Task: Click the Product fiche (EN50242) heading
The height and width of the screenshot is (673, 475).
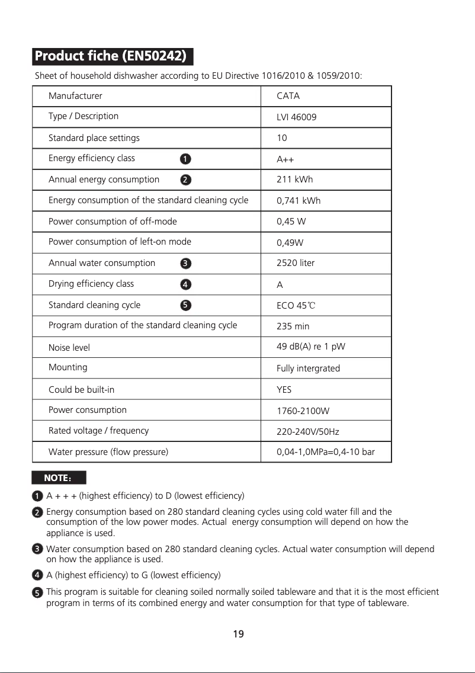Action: pos(111,57)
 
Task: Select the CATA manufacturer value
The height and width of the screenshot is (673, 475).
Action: pos(288,96)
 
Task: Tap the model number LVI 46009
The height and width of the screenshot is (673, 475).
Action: pos(296,117)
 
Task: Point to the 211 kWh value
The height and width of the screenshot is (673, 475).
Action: pos(294,180)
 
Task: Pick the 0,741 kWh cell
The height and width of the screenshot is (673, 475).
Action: pos(299,201)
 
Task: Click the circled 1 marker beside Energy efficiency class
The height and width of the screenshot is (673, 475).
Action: pos(185,159)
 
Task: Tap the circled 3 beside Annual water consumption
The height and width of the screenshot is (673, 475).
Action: pos(185,263)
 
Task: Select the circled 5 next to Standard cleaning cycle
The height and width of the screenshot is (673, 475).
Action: pos(185,305)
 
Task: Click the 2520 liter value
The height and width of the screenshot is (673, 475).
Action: pos(296,263)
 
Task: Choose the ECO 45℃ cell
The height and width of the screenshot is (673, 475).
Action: pos(296,306)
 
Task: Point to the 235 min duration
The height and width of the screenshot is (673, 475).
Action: pos(293,326)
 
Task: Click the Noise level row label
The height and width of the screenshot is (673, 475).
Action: pos(69,348)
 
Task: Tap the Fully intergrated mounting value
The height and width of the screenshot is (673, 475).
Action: pos(308,368)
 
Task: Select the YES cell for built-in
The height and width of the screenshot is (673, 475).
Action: pos(284,390)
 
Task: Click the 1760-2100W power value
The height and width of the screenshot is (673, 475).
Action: pos(303,411)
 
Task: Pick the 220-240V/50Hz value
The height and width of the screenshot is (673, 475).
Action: pos(307,431)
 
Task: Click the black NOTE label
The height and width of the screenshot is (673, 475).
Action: pos(59,477)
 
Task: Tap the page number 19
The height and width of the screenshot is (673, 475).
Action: pos(238,634)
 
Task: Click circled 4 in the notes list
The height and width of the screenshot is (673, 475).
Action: pos(37,575)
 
